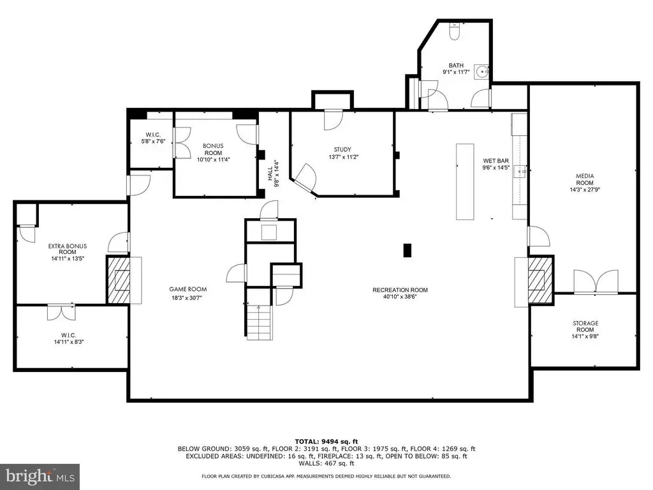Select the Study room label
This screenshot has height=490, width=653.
tap(342, 149)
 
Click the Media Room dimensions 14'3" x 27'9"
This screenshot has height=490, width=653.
tap(585, 189)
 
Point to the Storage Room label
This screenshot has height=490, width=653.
tap(585, 326)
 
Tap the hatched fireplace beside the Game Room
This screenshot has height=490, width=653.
tap(119, 280)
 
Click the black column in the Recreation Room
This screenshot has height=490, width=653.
tap(407, 250)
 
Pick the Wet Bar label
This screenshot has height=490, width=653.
tap(495, 161)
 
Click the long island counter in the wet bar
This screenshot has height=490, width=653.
tap(465, 182)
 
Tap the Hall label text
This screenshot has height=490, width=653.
tap(270, 174)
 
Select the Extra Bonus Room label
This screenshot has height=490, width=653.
tap(68, 249)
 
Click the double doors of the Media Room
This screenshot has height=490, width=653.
tap(596, 281)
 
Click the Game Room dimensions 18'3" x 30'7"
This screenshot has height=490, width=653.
tap(187, 297)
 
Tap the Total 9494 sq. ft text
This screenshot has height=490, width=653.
tap(326, 442)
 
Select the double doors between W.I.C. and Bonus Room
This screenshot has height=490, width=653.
tap(181, 142)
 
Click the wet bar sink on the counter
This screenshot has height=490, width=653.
tap(520, 171)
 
